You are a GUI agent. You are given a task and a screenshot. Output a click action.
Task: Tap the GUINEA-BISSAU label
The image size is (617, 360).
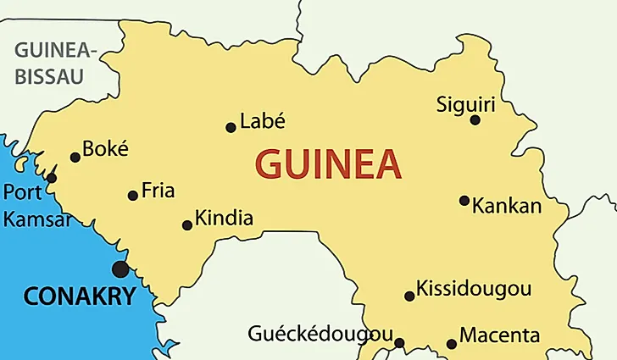point(56,64)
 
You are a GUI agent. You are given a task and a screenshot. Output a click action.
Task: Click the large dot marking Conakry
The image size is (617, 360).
point(120,269)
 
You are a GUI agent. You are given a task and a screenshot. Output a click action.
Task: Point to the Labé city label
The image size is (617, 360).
point(263,121)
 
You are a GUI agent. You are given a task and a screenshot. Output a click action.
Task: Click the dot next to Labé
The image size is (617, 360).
point(231,128)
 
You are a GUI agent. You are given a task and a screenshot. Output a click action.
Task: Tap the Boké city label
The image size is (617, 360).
point(106,149)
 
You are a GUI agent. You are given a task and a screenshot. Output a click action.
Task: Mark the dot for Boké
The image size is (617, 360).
point(75,157)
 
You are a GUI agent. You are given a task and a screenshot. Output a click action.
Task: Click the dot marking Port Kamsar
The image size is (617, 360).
point(52,178)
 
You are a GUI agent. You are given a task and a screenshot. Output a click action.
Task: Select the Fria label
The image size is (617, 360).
point(158,191)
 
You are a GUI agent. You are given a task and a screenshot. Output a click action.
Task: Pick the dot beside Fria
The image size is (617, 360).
point(132,196)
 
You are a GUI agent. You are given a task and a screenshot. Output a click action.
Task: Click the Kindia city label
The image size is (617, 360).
point(224,219)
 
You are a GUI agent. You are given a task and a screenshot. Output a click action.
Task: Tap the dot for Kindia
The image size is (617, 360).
point(187,225)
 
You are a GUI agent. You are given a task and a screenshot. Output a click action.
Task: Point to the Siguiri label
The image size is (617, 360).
point(465,105)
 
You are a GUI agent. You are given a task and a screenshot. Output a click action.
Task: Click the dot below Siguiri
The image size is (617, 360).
point(475,120)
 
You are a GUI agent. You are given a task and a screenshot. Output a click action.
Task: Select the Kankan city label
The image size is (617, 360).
point(506,206)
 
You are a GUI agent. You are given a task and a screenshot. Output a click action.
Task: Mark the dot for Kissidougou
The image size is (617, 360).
point(409,296)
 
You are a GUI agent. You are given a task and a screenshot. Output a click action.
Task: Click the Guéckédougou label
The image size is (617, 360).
point(320,333)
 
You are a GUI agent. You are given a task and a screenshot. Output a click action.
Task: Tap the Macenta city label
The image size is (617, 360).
point(498,336)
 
